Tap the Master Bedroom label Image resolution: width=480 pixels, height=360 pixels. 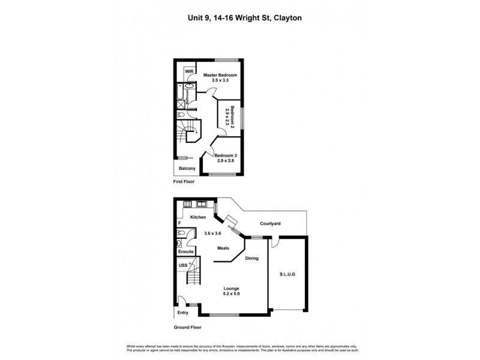[220, 75]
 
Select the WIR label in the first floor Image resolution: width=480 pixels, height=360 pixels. [189, 71]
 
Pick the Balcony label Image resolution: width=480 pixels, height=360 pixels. [187, 169]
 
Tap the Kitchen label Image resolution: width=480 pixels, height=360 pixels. [198, 217]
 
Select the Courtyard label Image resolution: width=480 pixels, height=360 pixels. [270, 224]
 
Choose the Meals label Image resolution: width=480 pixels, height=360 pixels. [223, 248]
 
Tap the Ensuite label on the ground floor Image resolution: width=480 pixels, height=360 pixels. [185, 251]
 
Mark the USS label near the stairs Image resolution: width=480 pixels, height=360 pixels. [182, 265]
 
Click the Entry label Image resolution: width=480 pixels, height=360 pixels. [182, 313]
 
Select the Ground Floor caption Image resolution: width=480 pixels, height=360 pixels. [187, 328]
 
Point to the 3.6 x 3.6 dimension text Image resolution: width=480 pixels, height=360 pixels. [213, 233]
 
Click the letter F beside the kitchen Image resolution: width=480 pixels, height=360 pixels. [179, 223]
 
